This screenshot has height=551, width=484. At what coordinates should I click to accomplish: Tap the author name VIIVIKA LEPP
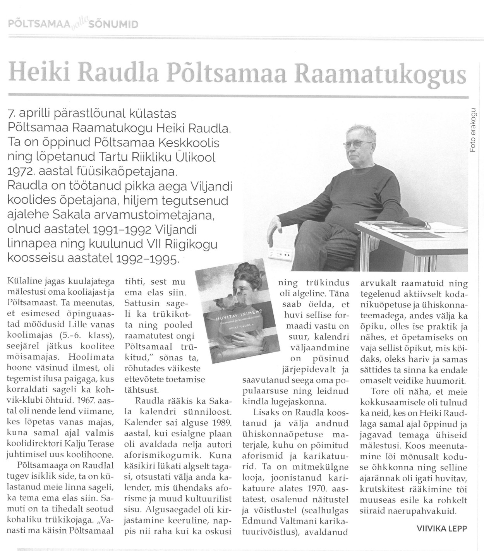point(442,528)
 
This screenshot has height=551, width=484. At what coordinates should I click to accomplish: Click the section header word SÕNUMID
point(114,25)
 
